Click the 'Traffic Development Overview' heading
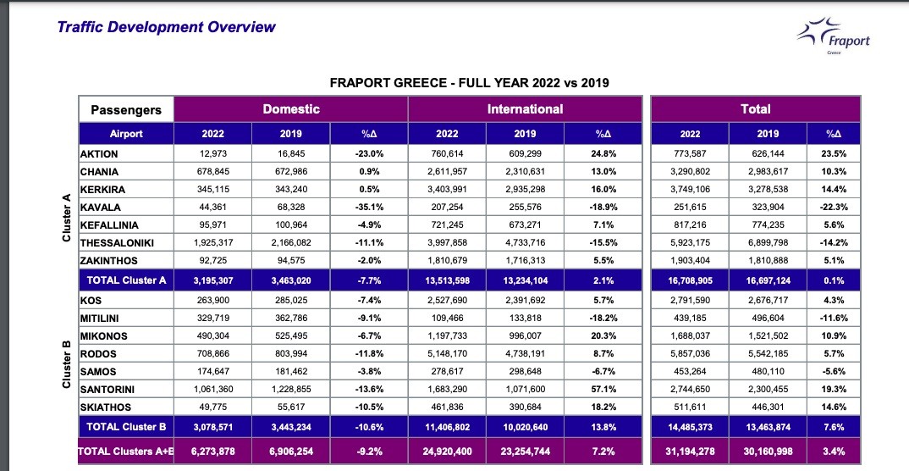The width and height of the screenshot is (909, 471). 166,26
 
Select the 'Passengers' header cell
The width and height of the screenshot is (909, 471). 126,109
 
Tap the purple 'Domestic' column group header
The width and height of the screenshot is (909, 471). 291,108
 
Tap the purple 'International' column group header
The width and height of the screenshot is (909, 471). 525,108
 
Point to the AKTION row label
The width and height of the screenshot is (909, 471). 99,154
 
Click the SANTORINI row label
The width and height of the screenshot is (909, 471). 107,389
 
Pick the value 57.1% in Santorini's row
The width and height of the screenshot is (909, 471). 603,389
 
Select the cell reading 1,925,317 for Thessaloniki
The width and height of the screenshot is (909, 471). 212,243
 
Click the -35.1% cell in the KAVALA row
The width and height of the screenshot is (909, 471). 369,208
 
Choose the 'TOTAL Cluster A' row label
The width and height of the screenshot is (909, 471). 126,280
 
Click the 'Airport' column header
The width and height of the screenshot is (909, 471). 126,134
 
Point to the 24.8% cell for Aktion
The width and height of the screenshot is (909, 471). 603,154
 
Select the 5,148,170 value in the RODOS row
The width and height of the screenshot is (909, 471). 447,354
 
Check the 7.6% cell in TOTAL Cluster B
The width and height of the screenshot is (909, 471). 834,426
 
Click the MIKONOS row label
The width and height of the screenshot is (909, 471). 103,336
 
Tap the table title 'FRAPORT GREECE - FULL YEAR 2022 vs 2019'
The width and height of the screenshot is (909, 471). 469,82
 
